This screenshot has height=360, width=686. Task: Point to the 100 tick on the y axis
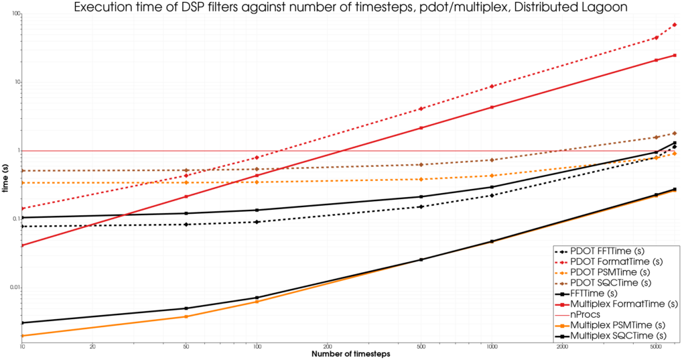[16, 13]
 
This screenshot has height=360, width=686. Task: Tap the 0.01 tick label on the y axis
[14, 288]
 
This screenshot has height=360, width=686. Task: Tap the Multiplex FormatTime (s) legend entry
[624, 304]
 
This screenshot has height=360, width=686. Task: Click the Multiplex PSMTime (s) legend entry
[620, 324]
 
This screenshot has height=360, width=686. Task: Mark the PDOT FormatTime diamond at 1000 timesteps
[492, 86]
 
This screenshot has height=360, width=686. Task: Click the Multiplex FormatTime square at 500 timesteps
[421, 128]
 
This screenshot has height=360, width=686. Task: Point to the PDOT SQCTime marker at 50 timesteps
[186, 170]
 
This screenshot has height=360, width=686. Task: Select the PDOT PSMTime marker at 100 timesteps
[257, 182]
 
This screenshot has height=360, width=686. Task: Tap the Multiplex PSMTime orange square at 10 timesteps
[23, 336]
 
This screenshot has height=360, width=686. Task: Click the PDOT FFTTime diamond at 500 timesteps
[421, 206]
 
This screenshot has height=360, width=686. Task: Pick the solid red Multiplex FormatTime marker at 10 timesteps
[23, 245]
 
